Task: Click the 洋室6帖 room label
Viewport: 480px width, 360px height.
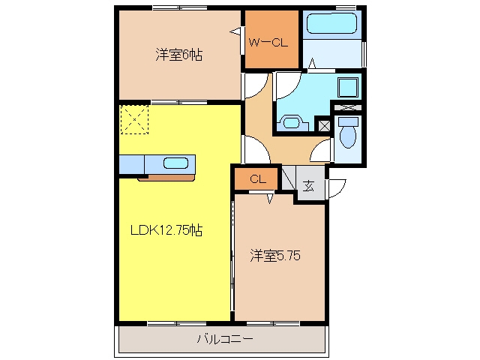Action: [x=178, y=55]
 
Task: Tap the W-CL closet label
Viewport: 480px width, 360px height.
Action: [x=268, y=42]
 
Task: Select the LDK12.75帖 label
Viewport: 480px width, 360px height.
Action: [x=166, y=230]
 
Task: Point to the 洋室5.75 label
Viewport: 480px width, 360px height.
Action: [x=275, y=255]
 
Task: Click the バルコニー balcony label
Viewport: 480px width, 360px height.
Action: [x=224, y=339]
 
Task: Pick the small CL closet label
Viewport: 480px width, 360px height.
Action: [x=258, y=179]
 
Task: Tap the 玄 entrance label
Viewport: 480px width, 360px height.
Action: [x=308, y=186]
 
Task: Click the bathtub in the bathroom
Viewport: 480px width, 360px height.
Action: [x=331, y=22]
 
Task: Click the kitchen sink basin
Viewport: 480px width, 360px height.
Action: [x=175, y=163]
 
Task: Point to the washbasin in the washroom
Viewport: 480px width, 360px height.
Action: [x=292, y=123]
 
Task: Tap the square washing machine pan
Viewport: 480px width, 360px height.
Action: [x=348, y=87]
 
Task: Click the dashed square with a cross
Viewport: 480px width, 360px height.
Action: [x=134, y=119]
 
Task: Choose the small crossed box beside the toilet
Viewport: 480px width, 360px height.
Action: [x=324, y=126]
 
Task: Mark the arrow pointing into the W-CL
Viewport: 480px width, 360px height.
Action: [x=235, y=31]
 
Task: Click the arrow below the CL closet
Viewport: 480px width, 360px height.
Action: [x=269, y=198]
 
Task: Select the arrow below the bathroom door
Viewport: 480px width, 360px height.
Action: [x=312, y=63]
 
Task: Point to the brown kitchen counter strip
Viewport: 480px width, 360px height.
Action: [x=166, y=178]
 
